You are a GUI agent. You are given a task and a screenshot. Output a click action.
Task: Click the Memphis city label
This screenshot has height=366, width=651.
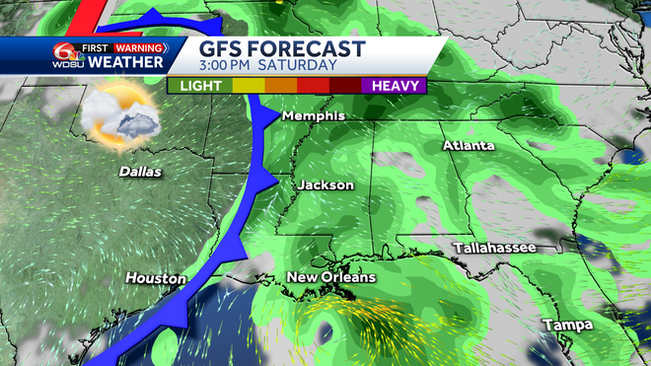(x=314, y=116)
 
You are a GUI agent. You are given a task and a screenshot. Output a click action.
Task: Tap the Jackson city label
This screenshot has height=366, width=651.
(x=325, y=184)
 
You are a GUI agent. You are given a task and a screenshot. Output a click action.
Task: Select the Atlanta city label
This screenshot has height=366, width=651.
(x=470, y=147)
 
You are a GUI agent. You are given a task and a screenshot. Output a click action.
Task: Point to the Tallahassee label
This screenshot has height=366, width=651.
(x=494, y=247)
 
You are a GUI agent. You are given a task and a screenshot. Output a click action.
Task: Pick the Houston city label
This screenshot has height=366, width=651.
(x=155, y=279)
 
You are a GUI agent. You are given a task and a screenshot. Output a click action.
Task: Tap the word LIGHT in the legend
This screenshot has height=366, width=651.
(x=200, y=85)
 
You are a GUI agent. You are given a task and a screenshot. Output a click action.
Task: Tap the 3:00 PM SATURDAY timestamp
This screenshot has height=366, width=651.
(x=268, y=65)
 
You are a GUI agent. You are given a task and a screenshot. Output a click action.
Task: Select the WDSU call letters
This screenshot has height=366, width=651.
(x=64, y=64)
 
